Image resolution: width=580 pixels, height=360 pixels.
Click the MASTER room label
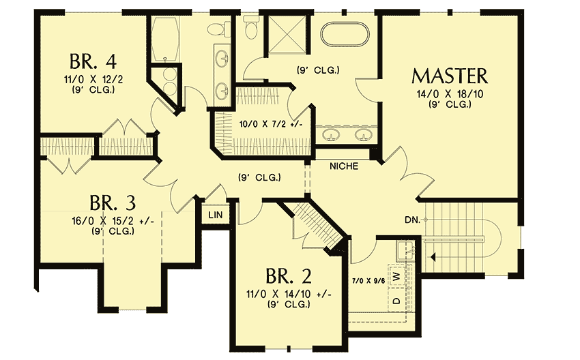coord(450,75)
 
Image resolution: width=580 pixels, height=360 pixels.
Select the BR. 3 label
coord(113,203)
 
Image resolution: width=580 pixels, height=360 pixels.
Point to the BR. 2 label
coord(288,276)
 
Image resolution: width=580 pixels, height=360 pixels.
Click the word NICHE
coord(345,166)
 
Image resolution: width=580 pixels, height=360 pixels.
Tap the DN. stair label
coord(411,220)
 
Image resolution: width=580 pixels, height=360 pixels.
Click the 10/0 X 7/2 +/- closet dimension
coord(271,124)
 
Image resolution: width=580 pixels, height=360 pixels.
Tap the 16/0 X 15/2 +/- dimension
coord(113,221)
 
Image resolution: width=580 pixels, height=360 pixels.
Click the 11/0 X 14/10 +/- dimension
coord(288,294)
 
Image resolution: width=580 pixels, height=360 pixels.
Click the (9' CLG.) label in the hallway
coord(260,179)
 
